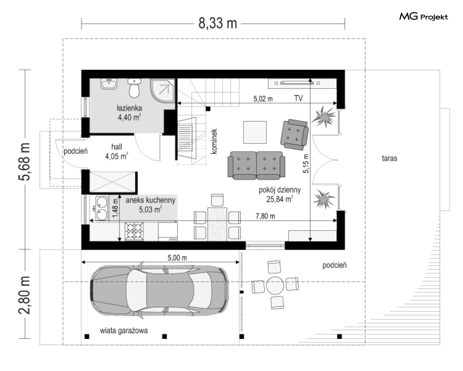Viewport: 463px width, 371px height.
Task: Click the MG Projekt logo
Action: tap(423, 17)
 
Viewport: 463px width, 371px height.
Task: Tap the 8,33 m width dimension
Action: tap(218, 23)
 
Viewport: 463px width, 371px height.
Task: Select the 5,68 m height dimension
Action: tap(25, 161)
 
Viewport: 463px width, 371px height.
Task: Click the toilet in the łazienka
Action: tap(134, 88)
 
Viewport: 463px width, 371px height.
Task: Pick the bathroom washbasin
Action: tap(109, 84)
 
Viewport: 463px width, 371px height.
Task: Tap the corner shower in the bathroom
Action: tap(162, 91)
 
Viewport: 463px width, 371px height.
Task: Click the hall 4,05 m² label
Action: tap(117, 152)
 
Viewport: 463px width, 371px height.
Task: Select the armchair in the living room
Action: tap(295, 135)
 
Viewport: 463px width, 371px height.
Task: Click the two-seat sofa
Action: tap(256, 165)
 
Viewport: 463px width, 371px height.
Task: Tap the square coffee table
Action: tap(255, 132)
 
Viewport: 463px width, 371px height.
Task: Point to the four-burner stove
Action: tap(134, 231)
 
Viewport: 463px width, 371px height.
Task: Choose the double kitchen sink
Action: tap(101, 209)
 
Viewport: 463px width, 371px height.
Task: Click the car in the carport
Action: tap(160, 290)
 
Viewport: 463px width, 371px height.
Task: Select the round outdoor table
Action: tap(275, 285)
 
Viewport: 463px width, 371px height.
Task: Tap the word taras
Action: tap(389, 158)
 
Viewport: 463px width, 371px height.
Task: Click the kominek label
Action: tap(214, 141)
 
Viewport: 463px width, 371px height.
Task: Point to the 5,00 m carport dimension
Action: tap(177, 257)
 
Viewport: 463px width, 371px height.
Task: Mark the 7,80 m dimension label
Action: tap(265, 216)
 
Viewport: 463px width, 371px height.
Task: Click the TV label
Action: tap(299, 98)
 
